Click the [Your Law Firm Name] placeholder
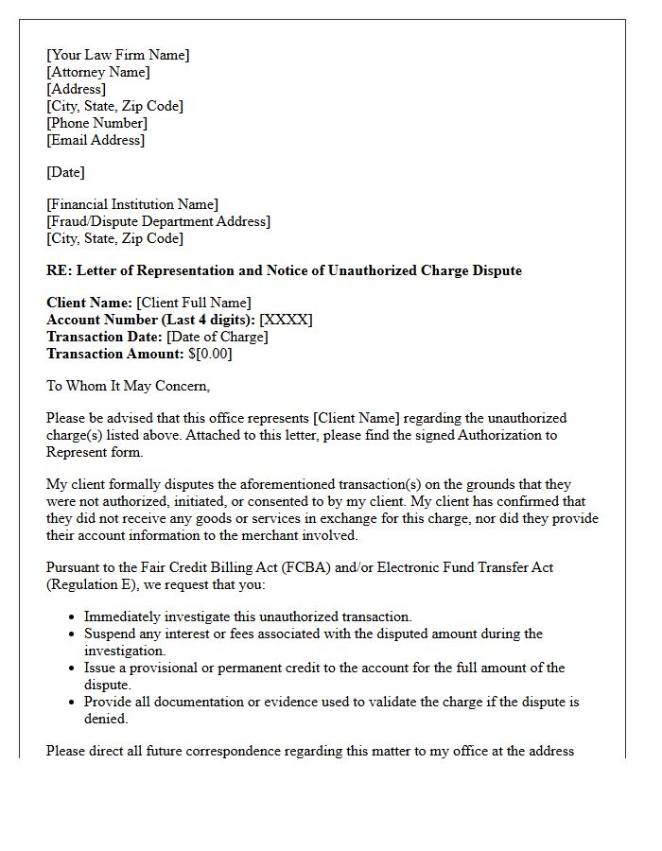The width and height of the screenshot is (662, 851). [x=117, y=55]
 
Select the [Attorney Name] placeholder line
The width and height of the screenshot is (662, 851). [x=97, y=72]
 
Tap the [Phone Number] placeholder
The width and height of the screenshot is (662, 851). [x=96, y=123]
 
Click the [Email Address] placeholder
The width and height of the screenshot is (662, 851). [x=96, y=140]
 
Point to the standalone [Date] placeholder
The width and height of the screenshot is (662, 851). [x=65, y=172]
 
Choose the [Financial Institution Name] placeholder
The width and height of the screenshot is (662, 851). [x=131, y=204]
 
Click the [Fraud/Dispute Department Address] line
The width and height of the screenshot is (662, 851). [x=158, y=221]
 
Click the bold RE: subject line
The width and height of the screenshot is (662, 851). [x=284, y=270]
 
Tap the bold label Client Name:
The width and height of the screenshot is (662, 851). [x=89, y=303]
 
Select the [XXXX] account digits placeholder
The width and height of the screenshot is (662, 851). [x=286, y=320]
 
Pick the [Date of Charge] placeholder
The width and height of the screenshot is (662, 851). [x=217, y=337]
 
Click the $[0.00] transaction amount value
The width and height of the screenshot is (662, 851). [x=210, y=354]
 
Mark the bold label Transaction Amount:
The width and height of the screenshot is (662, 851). [x=114, y=354]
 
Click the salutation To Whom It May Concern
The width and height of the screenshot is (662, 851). [x=128, y=386]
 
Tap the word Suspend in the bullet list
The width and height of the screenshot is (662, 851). [x=110, y=634]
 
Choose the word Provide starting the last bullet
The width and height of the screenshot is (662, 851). [x=109, y=702]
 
